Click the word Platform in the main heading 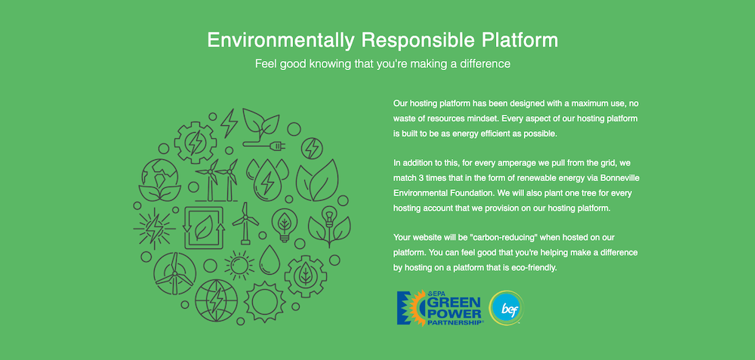pos(516,39)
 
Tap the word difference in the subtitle pos(480,64)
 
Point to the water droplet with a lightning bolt pos(266,181)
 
